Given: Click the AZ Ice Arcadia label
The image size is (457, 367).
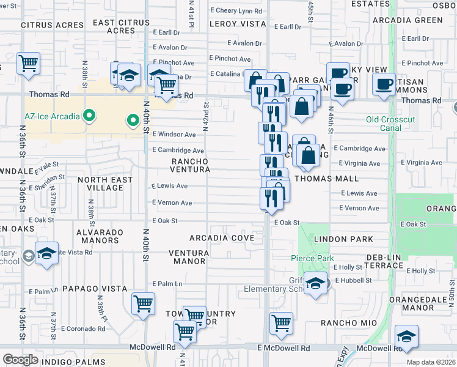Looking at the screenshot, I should point(52,115).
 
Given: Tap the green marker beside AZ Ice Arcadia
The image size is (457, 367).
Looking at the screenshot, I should point(90,115).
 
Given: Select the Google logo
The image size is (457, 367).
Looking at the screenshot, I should point(20,359).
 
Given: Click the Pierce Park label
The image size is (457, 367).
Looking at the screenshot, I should point(312,258).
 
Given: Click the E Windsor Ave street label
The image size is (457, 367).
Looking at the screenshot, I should point(174,134).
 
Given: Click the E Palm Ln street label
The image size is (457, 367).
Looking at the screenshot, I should point(167,284).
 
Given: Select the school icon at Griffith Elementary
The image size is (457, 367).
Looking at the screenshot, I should point(315,284).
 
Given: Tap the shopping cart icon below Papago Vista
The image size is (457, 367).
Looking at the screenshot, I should point(143,303).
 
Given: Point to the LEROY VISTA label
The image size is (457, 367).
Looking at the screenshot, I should point(237,24).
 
